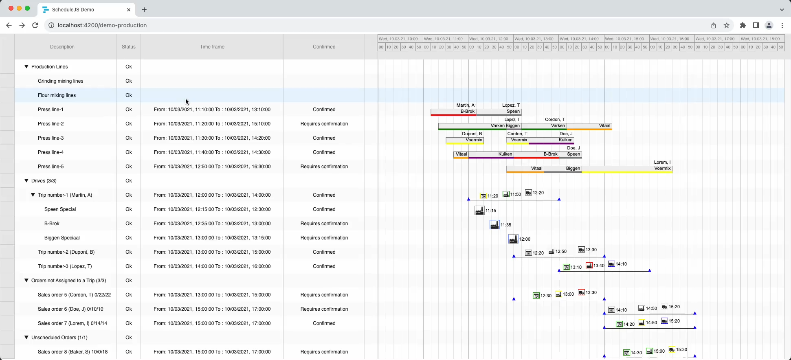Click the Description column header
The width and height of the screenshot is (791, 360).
[62, 47]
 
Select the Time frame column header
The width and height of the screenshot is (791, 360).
[212, 47]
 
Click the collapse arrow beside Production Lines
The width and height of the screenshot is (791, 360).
[26, 66]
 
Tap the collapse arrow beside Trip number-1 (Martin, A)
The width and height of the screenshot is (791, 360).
[33, 195]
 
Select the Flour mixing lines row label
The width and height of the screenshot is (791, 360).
[57, 95]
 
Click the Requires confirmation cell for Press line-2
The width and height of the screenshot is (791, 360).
[324, 124]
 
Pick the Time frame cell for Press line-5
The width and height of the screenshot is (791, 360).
[212, 167]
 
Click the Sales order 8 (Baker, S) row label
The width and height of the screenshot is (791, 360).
[73, 352]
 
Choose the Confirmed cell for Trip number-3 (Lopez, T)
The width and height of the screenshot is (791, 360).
[324, 266]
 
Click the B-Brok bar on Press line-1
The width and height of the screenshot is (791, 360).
[453, 112]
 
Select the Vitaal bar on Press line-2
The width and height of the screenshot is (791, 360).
[589, 126]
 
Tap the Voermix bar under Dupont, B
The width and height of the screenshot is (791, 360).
[465, 140]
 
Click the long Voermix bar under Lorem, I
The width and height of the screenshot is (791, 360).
[627, 169]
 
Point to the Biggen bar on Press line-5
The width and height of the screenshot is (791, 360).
[562, 169]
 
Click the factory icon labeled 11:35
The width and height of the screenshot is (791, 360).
[494, 225]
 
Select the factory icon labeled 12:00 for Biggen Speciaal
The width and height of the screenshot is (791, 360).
[513, 239]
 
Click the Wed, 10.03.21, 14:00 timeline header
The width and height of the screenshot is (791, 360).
[581, 39]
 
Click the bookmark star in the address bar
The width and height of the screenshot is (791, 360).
[727, 25]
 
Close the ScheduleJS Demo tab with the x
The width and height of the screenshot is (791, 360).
[129, 9]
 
